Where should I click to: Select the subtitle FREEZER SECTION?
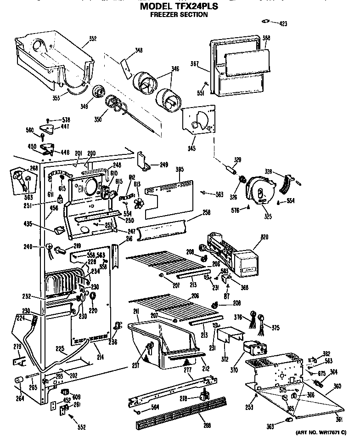(179, 15)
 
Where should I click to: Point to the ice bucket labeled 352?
(55, 57)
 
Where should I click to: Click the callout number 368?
(266, 39)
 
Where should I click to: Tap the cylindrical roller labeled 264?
(20, 379)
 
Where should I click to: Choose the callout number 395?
(180, 170)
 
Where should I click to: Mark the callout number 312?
(224, 359)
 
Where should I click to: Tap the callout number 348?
(138, 51)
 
